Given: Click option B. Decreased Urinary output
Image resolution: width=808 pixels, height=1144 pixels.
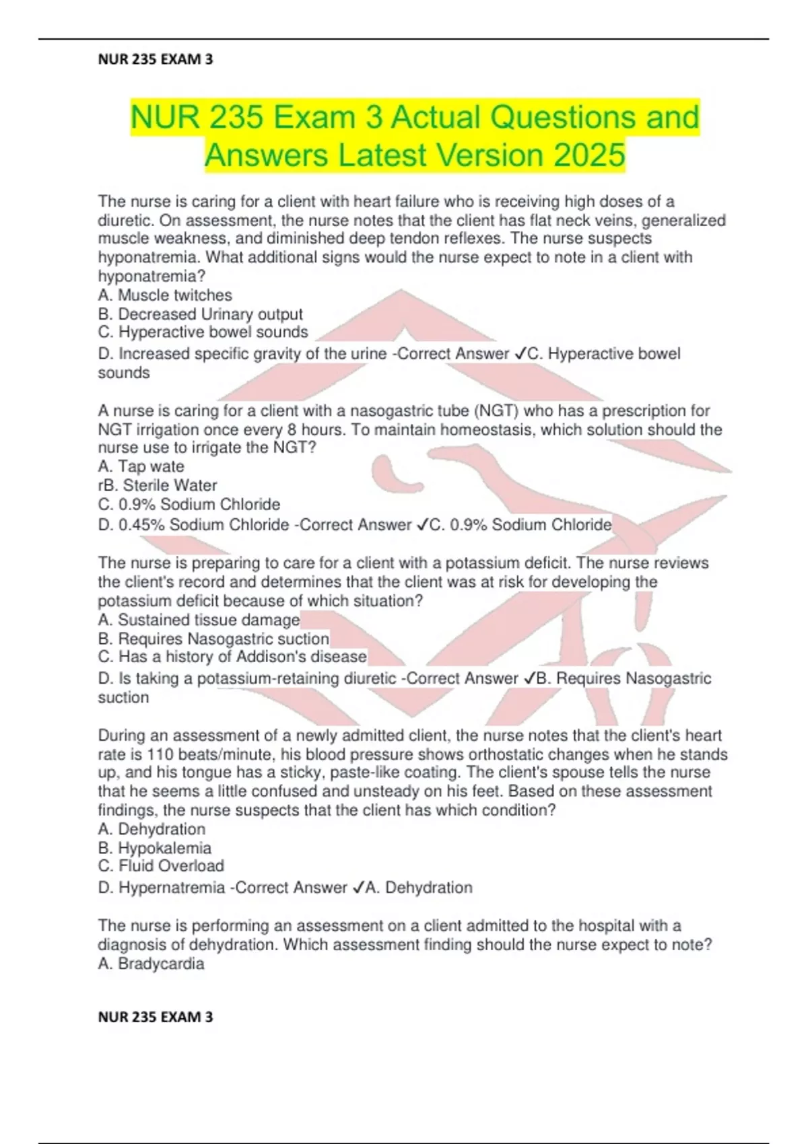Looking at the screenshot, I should pyautogui.click(x=200, y=314).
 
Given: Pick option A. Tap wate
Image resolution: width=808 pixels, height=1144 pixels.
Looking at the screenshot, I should pyautogui.click(x=141, y=466).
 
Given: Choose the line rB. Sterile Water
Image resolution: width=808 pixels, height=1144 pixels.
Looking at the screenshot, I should pyautogui.click(x=158, y=485).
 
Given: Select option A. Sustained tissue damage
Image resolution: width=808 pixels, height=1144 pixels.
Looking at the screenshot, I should pyautogui.click(x=199, y=620).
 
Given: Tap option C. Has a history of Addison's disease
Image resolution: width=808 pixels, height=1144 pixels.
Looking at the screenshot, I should pyautogui.click(x=232, y=657).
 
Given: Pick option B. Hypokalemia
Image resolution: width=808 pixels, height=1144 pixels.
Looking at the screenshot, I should pyautogui.click(x=155, y=848).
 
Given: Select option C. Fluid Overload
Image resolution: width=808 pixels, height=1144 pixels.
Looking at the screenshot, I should pyautogui.click(x=161, y=866).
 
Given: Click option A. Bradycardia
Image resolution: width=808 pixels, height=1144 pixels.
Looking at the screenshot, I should pyautogui.click(x=151, y=964).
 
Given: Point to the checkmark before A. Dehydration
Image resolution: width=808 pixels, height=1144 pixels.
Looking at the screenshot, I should pyautogui.click(x=358, y=888).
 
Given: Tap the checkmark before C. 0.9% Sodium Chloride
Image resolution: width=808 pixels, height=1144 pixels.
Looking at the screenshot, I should pyautogui.click(x=423, y=525).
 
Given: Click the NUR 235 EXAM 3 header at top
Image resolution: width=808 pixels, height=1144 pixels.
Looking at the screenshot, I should pyautogui.click(x=156, y=59).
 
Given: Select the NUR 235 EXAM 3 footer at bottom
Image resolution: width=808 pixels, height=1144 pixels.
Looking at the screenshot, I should pyautogui.click(x=156, y=1017).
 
